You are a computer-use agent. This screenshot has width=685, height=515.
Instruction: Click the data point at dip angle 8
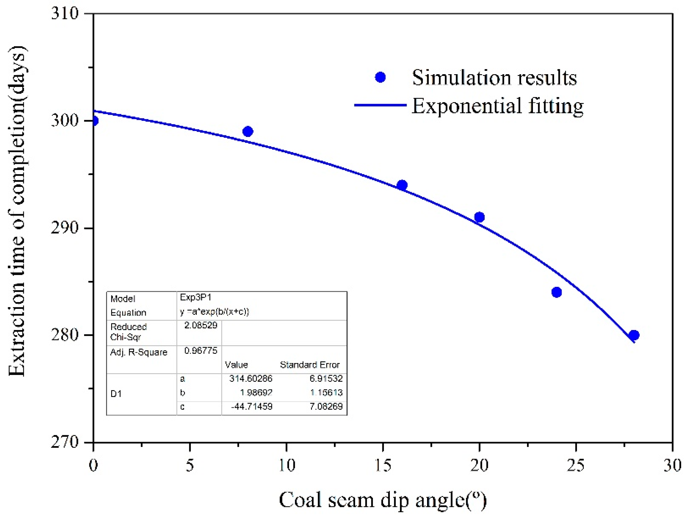pos(247,131)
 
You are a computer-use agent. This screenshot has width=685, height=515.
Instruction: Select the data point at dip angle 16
pos(402,185)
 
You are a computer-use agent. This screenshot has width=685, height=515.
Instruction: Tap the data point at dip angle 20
pos(479,217)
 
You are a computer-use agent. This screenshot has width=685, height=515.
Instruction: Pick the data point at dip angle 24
pos(557,292)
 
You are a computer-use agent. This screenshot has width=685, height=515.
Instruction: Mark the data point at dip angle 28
pos(634,335)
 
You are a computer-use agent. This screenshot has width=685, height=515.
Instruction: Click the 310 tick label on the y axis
pos(65,13)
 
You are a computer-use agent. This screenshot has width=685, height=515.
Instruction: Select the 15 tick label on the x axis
pos(383,465)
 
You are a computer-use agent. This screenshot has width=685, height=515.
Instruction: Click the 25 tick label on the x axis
pos(575,465)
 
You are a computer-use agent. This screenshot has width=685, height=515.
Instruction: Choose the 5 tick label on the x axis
pos(190,465)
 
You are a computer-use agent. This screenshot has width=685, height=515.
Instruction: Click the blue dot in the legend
pos(380,77)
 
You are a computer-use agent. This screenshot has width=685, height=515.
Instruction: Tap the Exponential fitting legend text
pos(498,106)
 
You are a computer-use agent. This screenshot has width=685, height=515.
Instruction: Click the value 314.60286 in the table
pos(250,378)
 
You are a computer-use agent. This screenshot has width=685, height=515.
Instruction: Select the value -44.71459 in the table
pos(251,406)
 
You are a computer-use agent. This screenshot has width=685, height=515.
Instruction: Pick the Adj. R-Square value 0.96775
pos(201,351)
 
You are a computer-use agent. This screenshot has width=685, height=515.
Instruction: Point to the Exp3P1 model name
pos(196,297)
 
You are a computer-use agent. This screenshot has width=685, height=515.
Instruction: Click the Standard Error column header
pos(309,365)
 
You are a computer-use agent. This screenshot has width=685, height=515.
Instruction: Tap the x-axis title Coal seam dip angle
pos(382,500)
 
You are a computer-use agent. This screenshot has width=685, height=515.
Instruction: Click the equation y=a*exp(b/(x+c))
pos(214,311)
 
